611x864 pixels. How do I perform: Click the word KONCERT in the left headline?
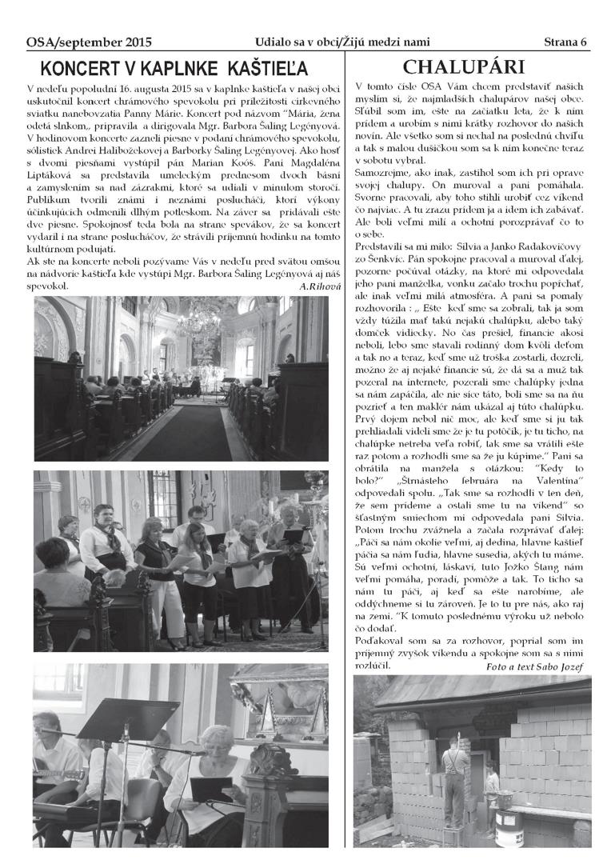point(75,67)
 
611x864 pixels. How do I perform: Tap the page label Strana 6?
point(565,41)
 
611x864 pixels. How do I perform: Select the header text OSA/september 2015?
point(89,41)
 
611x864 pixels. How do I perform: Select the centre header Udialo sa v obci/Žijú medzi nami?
point(341,41)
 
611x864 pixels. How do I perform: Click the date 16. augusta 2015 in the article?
point(142,86)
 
